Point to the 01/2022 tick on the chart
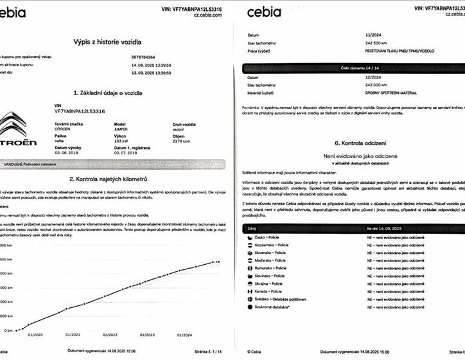110,334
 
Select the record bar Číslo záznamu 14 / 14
353,67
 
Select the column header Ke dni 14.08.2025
386,228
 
